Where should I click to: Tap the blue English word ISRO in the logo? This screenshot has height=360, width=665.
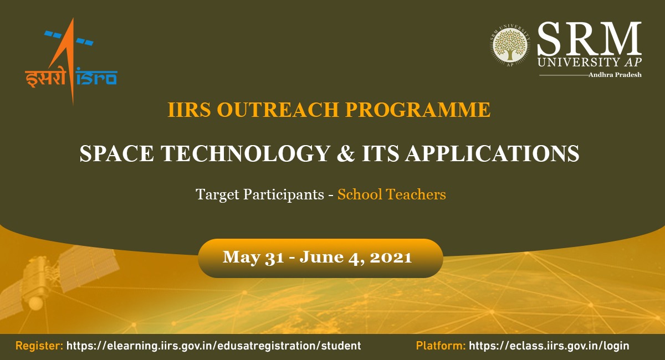(96, 76)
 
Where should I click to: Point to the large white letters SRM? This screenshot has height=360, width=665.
(589, 39)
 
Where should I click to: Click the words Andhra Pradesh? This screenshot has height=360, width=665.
(615, 75)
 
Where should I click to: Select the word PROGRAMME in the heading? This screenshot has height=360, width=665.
(418, 110)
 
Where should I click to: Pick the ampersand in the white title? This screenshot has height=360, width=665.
(346, 153)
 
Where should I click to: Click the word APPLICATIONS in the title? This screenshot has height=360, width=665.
(493, 153)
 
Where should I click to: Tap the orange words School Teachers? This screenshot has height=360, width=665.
(392, 195)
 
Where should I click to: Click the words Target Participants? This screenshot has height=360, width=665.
(260, 195)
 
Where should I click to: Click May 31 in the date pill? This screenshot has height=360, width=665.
(253, 258)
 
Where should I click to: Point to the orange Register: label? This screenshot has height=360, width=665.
(39, 346)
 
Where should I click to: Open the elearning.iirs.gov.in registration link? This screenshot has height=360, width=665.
(214, 346)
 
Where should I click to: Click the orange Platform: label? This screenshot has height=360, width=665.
(441, 346)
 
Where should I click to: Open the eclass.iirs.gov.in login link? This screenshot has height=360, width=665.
(549, 346)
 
